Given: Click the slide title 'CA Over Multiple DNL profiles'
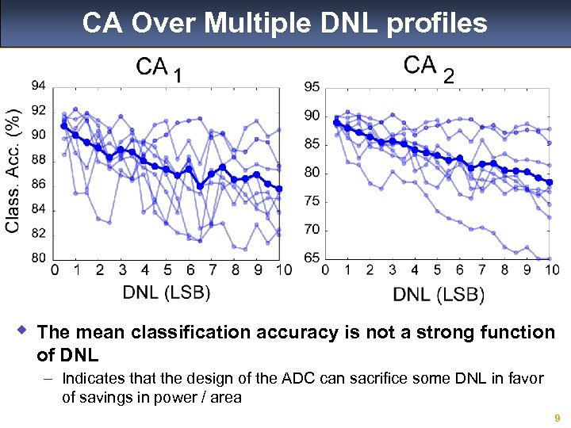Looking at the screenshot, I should point(285,23).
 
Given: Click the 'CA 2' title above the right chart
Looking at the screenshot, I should point(429,67).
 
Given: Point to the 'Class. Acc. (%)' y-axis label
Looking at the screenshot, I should point(13,170).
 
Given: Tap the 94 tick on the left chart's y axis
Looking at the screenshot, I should point(38,86).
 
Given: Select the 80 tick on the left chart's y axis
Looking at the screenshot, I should point(38,258).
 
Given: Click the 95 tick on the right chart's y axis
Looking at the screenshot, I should point(312,86).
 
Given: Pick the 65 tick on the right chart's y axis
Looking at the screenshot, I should point(312,258).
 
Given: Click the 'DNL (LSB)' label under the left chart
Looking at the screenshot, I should point(167,292).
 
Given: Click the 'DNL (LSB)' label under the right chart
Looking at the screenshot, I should point(439,294).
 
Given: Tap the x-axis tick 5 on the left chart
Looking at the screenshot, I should point(167,270).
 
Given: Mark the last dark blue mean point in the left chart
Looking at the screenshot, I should point(279,189).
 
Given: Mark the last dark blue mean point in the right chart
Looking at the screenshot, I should point(550,182).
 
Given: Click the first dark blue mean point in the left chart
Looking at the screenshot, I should point(64,126).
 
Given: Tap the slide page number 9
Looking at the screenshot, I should point(558,418).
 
